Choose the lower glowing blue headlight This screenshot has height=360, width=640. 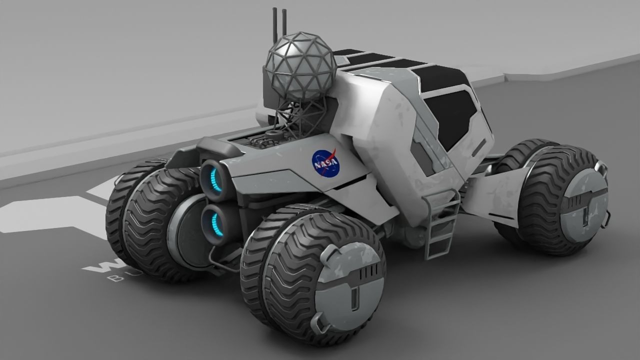click(213, 221)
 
